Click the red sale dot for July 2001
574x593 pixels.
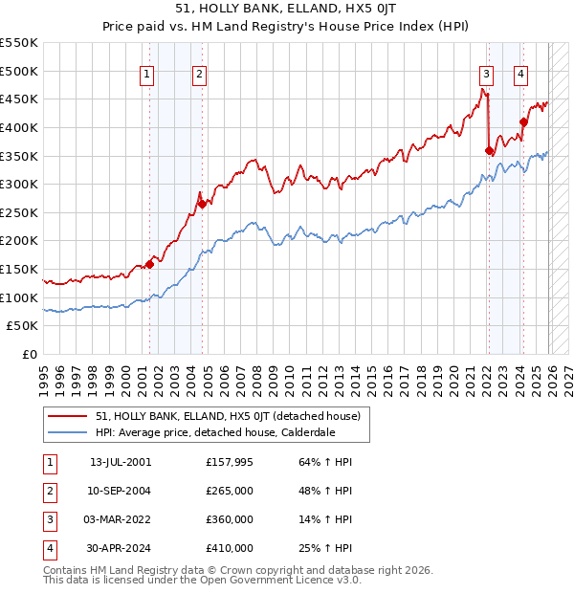[x=149, y=264]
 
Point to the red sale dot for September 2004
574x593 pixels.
[x=202, y=204]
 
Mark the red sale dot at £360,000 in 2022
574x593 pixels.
[x=489, y=150]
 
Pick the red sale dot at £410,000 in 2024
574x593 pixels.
[x=523, y=121]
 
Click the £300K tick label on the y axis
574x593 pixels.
[x=19, y=184]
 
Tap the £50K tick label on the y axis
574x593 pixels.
[x=23, y=326]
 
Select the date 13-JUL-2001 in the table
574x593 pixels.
[x=121, y=462]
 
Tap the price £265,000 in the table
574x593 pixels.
[x=230, y=491]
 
